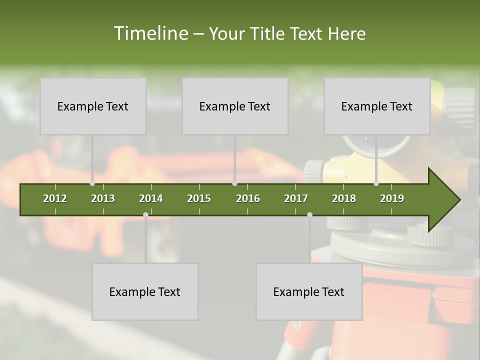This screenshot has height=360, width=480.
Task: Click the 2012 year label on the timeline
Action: pos(55,198)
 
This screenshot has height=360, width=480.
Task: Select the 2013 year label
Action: pos(103,198)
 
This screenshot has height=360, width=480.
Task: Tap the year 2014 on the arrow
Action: pos(151,198)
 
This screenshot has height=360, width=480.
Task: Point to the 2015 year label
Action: pos(199,198)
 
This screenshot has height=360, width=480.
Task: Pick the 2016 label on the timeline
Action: pos(248,198)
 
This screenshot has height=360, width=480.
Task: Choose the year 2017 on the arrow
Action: pos(296,198)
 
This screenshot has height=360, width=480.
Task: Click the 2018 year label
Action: pos(344,198)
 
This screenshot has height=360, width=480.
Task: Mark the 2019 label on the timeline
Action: pos(392,198)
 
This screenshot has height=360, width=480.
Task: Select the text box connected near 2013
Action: pos(93,106)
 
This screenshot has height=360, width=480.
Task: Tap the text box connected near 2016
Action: pos(235,106)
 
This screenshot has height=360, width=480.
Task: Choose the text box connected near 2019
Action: pos(377,106)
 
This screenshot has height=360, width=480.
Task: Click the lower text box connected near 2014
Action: pos(145,291)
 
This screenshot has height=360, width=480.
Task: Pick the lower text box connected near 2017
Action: pos(309,291)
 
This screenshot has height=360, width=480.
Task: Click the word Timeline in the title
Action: pos(150,33)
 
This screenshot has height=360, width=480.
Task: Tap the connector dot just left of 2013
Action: pos(92,183)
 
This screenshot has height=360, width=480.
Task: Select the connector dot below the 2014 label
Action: pos(145,214)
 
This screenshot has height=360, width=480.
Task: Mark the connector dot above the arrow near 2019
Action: pos(376,183)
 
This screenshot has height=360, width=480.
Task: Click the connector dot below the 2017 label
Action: pos(309,214)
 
